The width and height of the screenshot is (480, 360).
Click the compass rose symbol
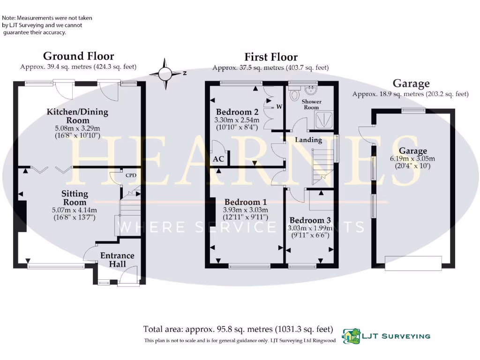pyautogui.click(x=165, y=74)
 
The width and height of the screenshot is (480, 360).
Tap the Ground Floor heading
pyautogui.click(x=78, y=56)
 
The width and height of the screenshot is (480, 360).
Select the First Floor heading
pyautogui.click(x=271, y=57)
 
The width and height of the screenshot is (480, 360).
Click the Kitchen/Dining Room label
pyautogui.click(x=77, y=116)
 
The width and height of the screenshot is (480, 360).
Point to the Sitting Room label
pyautogui.click(x=75, y=197)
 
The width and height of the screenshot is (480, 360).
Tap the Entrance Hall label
pyautogui.click(x=117, y=260)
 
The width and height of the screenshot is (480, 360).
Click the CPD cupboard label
pyautogui.click(x=131, y=175)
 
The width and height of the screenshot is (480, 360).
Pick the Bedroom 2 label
pyautogui.click(x=237, y=112)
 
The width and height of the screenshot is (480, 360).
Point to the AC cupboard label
pyautogui.click(x=218, y=159)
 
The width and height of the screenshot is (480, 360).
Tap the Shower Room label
pyautogui.click(x=311, y=104)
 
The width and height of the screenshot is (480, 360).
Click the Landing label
pyautogui.click(x=308, y=140)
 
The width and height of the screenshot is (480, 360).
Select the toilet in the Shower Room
pyautogui.click(x=295, y=94)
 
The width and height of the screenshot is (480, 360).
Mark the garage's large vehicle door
pyautogui.click(x=413, y=262)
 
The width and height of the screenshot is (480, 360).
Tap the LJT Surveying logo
pyautogui.click(x=386, y=336)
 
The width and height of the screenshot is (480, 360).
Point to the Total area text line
pyautogui.click(x=238, y=329)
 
